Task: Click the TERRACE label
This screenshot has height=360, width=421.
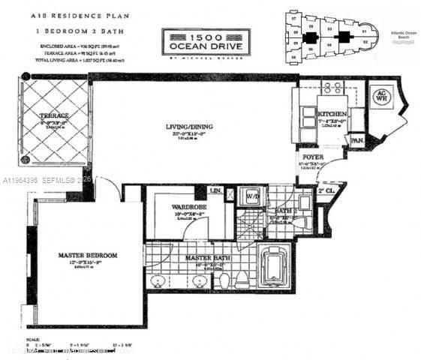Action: [53, 115]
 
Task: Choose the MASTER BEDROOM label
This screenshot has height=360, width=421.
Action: [88, 256]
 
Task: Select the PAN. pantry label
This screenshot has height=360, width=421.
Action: [357, 139]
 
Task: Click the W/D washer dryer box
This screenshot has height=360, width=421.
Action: [252, 197]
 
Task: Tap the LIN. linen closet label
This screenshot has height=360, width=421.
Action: [218, 192]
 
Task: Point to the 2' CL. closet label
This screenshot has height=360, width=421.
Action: [324, 191]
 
